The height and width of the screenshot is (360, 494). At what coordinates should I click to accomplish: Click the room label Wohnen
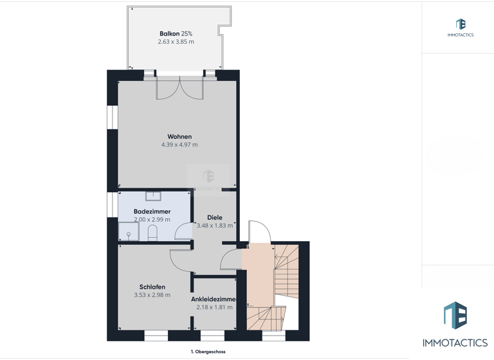click(x=179, y=136)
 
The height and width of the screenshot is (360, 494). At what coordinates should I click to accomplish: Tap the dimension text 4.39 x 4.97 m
click(x=179, y=145)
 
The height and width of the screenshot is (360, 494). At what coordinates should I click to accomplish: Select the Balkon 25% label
click(x=176, y=33)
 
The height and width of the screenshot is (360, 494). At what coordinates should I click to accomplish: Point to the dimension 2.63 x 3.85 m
click(x=176, y=42)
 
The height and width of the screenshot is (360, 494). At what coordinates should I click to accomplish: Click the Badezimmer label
click(x=152, y=211)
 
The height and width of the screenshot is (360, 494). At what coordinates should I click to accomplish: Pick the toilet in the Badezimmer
click(x=152, y=233)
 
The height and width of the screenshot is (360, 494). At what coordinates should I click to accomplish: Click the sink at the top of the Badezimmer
click(x=153, y=195)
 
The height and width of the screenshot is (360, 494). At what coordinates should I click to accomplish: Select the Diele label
click(x=214, y=217)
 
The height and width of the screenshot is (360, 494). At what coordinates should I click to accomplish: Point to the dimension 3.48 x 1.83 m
click(x=214, y=226)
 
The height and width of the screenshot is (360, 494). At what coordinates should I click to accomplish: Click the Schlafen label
click(x=152, y=287)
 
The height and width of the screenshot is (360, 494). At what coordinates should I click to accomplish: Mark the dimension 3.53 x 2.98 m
click(x=152, y=295)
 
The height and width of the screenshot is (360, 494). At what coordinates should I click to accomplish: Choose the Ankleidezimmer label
click(x=214, y=299)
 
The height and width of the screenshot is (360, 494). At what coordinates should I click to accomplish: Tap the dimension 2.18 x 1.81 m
click(x=214, y=307)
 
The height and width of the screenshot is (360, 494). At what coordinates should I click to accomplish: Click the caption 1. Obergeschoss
click(x=208, y=352)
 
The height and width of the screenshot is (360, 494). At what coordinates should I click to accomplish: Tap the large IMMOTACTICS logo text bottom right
click(x=455, y=343)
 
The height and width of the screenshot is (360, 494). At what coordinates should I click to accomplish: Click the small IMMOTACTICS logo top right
click(x=460, y=28)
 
